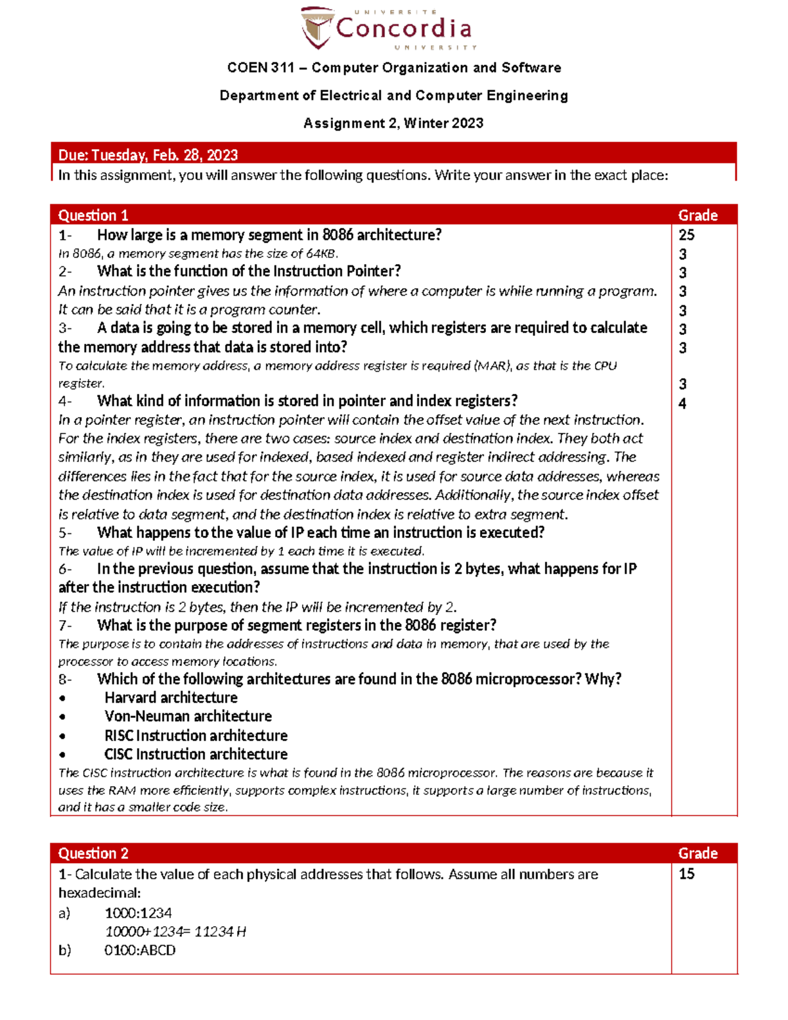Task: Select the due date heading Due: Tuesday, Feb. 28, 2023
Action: coord(148,155)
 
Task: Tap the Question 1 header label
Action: coord(93,215)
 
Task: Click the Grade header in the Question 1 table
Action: coord(697,215)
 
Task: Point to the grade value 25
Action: coord(686,235)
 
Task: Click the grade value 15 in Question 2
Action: coord(686,874)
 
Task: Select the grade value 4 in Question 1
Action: coord(682,404)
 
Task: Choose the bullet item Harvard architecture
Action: coord(171,698)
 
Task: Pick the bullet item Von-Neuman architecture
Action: coord(188,717)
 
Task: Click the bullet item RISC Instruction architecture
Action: coord(196,736)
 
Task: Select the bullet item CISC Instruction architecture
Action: coord(196,754)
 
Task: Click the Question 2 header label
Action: coord(93,853)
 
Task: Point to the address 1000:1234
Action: coord(138,913)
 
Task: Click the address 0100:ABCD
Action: coord(140,950)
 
